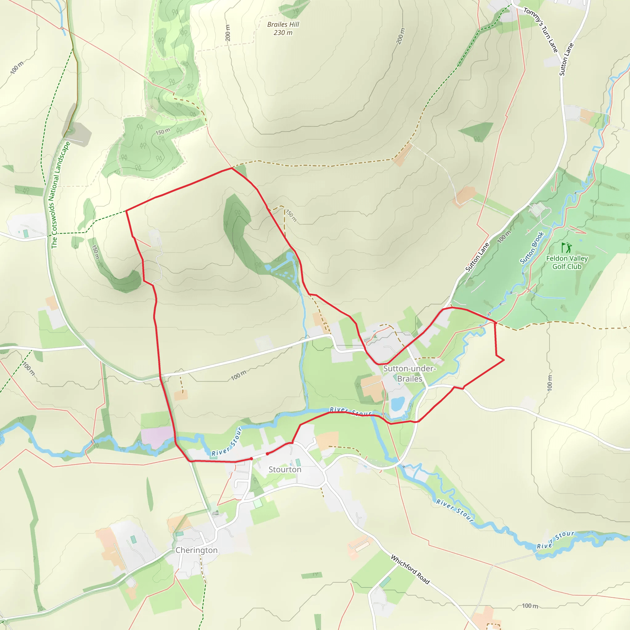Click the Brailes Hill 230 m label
283,28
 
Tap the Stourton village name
285,469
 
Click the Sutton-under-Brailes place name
409,373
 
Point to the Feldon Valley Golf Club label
567,262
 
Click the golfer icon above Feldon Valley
566,248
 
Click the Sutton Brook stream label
532,248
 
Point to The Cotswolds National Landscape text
61,195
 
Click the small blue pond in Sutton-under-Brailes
397,404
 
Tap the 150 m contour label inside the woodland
162,131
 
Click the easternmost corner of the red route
504,360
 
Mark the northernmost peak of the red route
232,168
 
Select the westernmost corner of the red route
126,211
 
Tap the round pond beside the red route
289,257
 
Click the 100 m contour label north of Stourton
238,375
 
